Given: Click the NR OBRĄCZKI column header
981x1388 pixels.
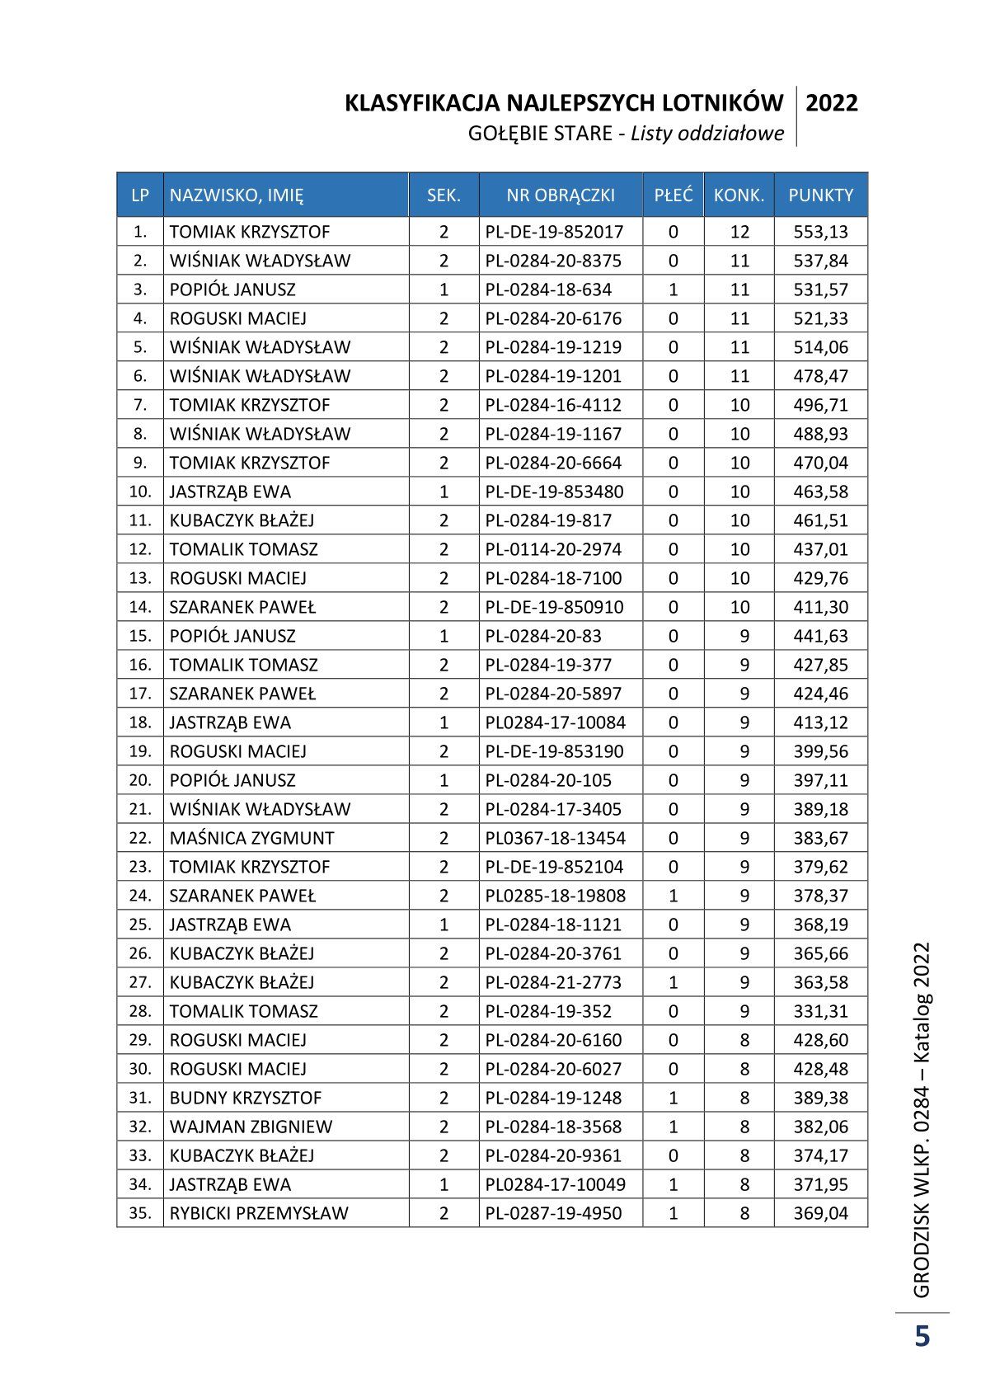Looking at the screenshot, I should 561,195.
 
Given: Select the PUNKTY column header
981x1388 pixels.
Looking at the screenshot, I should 820,195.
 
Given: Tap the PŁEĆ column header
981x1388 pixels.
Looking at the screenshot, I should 673,195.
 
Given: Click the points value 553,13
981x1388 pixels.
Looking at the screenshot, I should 820,232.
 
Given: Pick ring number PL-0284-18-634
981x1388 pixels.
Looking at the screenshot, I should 548,289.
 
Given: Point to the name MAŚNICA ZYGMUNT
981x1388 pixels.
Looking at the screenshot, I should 251,838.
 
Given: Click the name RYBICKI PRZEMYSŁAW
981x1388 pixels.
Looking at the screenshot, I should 259,1213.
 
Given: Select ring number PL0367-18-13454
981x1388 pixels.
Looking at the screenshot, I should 555,838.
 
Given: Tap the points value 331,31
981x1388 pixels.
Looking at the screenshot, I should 820,1011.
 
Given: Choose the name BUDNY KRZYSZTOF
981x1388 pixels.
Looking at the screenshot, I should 246,1098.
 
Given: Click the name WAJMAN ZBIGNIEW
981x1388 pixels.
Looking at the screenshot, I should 251,1127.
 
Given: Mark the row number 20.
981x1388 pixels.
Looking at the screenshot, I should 140,780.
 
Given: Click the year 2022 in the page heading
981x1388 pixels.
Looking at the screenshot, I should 831,103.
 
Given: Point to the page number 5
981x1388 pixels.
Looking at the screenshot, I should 922,1335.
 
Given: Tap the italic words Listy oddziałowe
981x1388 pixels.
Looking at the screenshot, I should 707,134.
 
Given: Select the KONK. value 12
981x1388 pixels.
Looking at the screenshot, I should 739,232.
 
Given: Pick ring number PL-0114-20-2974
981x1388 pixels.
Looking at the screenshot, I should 553,549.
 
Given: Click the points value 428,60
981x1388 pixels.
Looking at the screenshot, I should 820,1040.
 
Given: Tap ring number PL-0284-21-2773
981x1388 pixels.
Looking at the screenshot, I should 553,982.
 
